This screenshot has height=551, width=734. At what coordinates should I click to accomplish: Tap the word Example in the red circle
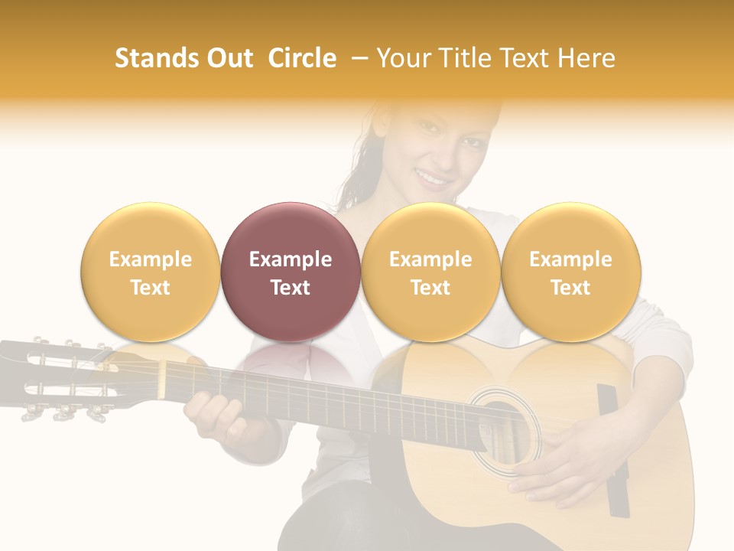tap(291, 259)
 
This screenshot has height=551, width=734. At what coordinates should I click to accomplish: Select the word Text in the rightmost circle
tap(570, 288)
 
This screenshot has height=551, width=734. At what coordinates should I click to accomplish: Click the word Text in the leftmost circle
tap(150, 288)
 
